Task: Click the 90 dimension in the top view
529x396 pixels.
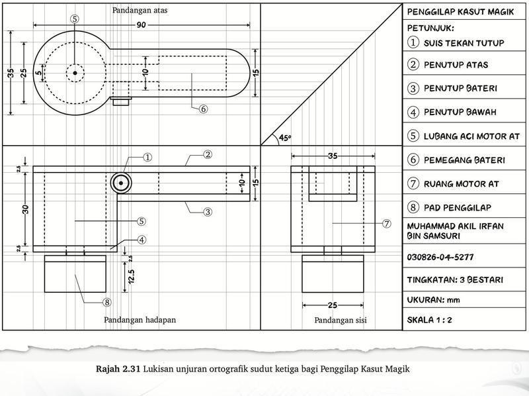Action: point(141,25)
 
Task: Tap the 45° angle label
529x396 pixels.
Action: point(285,138)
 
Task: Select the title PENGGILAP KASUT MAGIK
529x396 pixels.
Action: point(460,12)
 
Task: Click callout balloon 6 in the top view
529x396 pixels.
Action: point(203,109)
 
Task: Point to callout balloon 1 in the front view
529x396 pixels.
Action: point(147,157)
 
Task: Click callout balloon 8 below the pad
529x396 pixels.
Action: point(107,302)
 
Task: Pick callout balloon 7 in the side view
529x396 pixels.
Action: point(387,223)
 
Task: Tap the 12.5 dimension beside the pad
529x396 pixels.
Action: point(131,276)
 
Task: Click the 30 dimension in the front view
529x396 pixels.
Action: point(26,209)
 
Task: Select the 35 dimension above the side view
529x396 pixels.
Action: point(333,156)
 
